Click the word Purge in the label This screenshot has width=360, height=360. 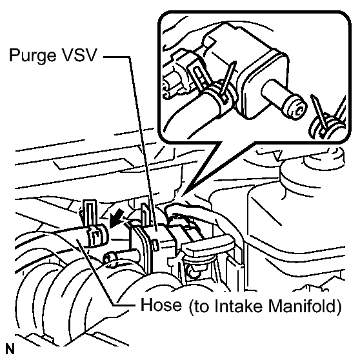point(32,55)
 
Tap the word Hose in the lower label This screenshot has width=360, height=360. point(161,305)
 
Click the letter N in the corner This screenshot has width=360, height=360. point(10,349)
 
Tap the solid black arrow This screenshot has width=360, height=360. point(116,218)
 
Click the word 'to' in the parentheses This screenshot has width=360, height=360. point(202,306)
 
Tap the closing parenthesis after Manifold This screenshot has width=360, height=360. point(339,306)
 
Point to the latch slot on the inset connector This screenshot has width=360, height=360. point(199,76)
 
